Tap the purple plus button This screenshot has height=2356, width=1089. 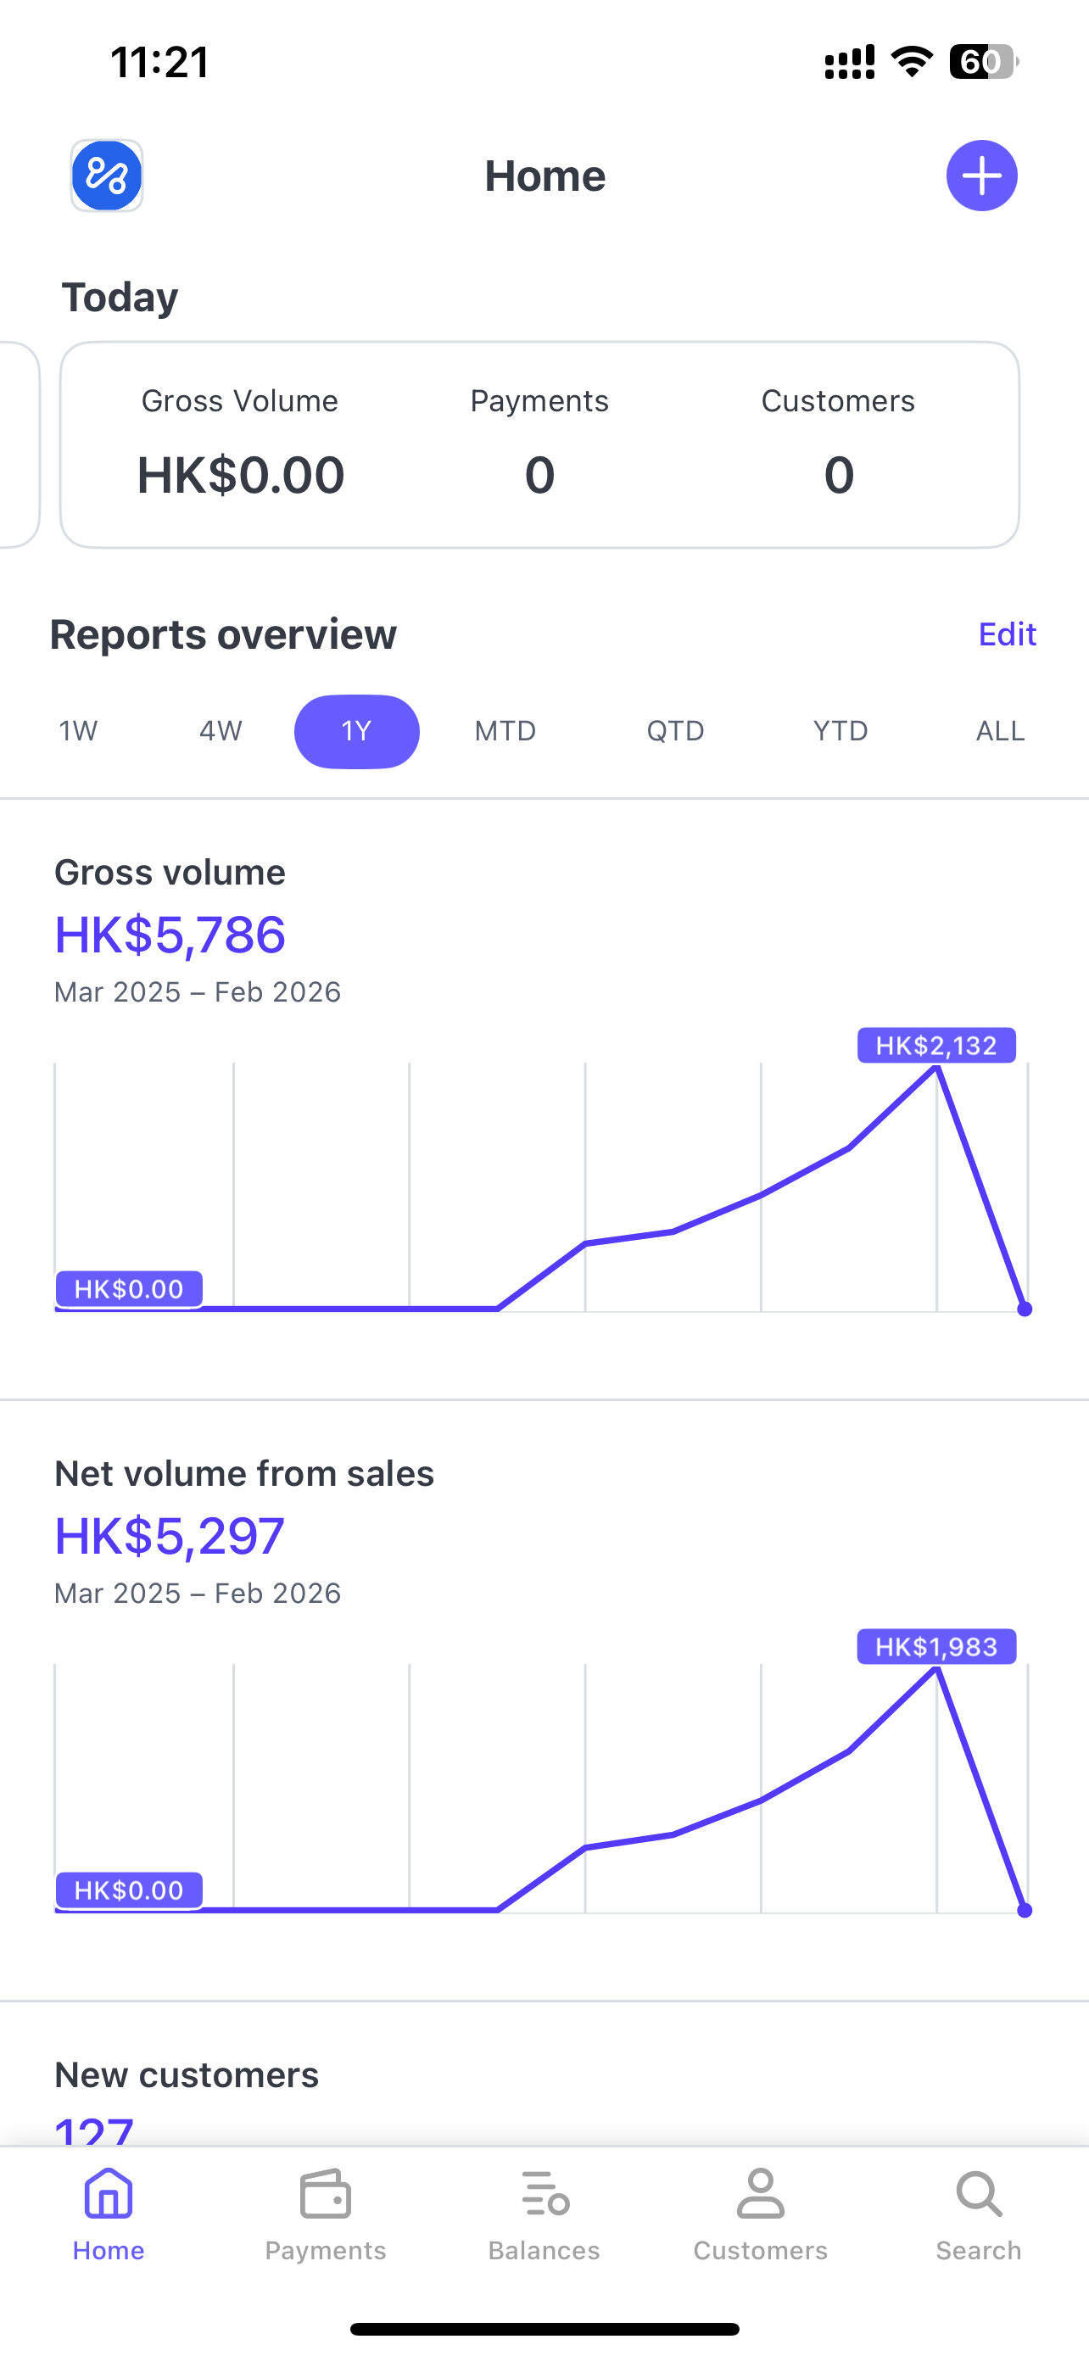981,176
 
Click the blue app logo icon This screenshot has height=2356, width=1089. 107,176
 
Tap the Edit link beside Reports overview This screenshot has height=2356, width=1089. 1007,634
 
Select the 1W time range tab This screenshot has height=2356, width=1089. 79,731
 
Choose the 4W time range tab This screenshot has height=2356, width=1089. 221,731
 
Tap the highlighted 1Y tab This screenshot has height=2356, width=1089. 356,731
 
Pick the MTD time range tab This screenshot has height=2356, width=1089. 505,731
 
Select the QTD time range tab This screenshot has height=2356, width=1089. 675,731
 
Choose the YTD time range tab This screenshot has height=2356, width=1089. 840,731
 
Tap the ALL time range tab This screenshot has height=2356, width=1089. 1000,731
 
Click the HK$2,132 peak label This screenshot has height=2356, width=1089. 936,1046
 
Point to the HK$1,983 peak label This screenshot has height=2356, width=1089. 936,1647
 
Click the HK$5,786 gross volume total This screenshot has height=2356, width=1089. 170,935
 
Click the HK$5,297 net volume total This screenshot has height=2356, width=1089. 170,1536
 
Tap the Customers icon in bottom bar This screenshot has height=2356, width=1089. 761,2195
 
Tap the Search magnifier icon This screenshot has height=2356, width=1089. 979,2195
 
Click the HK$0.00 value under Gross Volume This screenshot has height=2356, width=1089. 241,475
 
